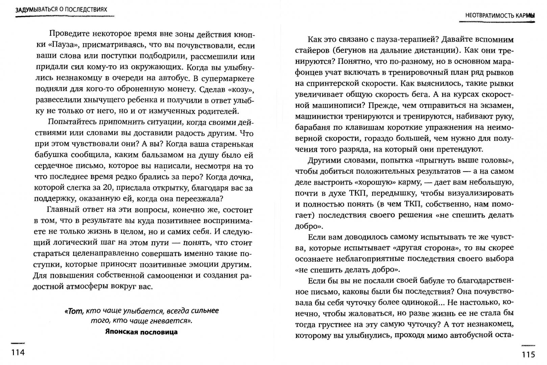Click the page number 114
click(x=18, y=353)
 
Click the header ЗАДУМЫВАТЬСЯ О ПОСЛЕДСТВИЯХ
click(x=61, y=9)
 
